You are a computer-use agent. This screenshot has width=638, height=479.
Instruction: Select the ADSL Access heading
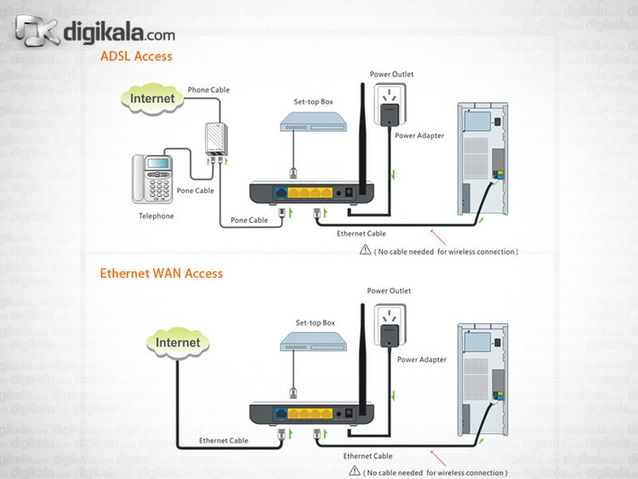click(136, 57)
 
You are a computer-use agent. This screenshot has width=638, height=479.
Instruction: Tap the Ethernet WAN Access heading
click(161, 273)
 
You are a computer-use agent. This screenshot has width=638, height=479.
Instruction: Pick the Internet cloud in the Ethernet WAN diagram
click(178, 343)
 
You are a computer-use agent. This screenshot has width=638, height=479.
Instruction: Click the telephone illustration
click(153, 179)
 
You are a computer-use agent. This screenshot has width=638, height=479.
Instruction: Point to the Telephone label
click(156, 216)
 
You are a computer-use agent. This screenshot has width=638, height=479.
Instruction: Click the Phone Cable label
click(208, 89)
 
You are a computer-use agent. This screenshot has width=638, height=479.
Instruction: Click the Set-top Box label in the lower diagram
click(315, 323)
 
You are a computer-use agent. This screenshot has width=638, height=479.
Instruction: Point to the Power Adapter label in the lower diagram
click(421, 360)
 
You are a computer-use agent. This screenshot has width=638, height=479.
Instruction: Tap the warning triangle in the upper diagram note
click(366, 251)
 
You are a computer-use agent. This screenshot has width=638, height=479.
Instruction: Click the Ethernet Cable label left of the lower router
click(224, 441)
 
